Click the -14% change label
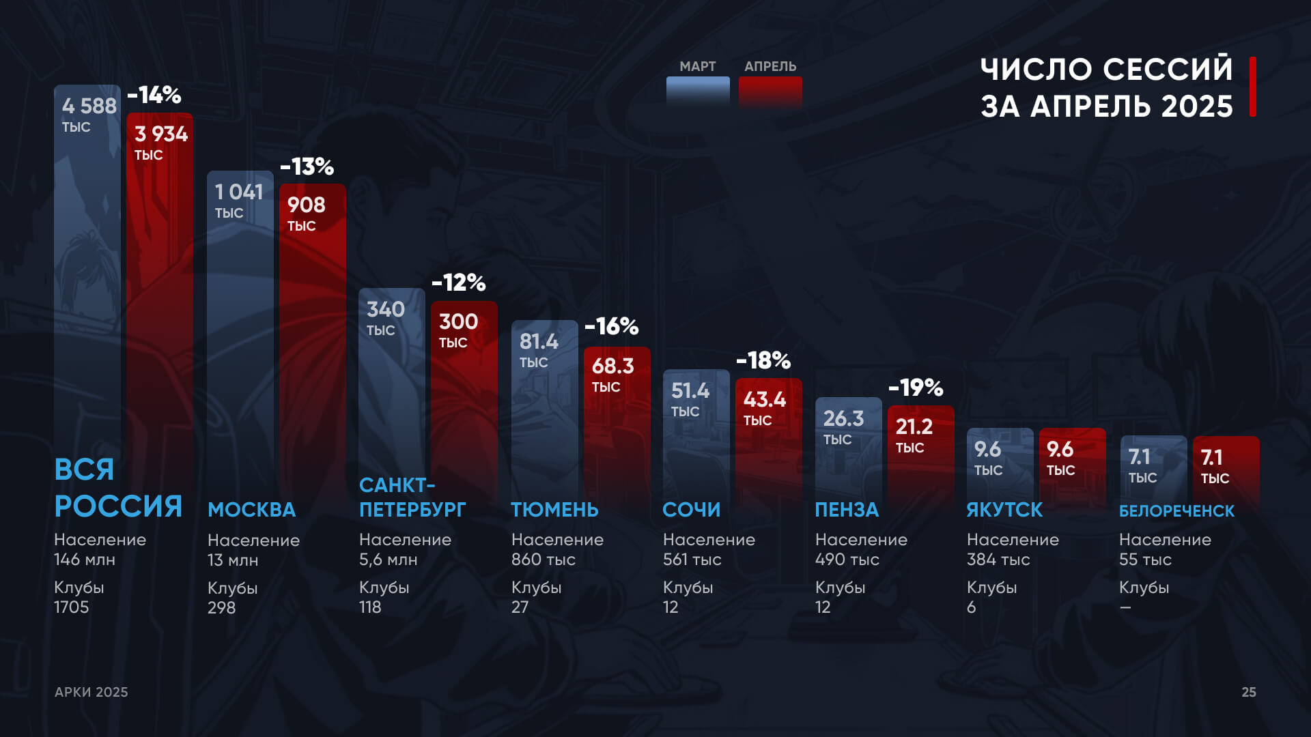tap(154, 95)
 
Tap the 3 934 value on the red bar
tap(160, 134)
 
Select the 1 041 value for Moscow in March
tap(239, 192)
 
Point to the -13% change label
tap(307, 167)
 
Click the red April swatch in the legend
tap(770, 92)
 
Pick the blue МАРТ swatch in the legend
tap(698, 92)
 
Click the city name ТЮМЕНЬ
tap(554, 510)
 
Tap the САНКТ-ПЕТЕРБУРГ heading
tap(412, 497)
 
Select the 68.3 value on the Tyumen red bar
tap(612, 366)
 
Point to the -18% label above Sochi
tap(763, 360)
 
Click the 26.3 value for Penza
tap(843, 418)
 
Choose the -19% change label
tap(916, 388)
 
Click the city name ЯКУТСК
tap(1004, 510)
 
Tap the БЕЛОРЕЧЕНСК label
tap(1176, 511)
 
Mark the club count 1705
tap(72, 607)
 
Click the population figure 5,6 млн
tap(388, 560)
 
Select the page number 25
tap(1248, 692)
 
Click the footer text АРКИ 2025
tap(91, 692)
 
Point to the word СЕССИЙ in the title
tap(1168, 70)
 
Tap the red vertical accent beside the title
tap(1253, 87)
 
